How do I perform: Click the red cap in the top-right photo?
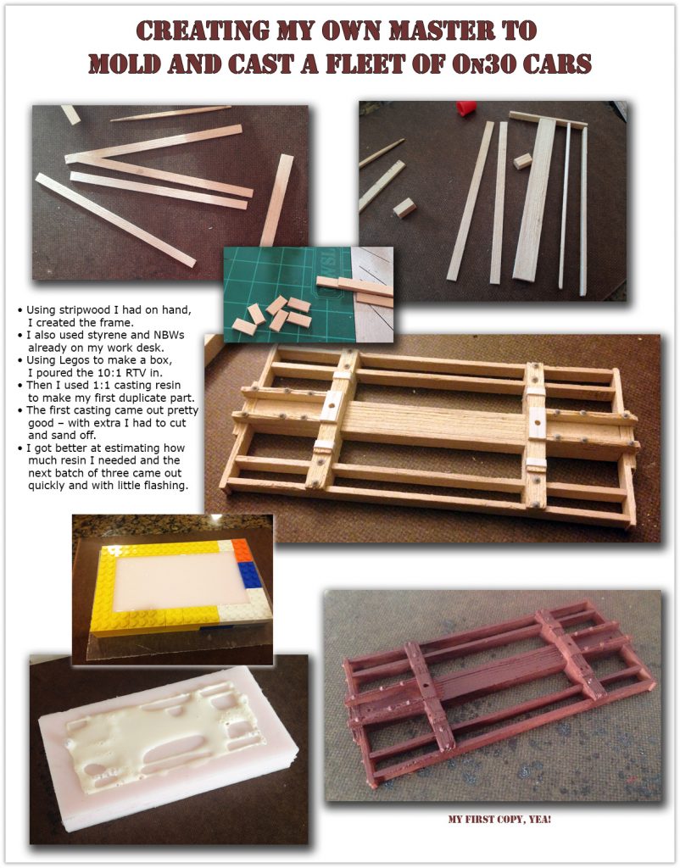(x=465, y=108)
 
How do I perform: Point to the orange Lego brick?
(x=241, y=551)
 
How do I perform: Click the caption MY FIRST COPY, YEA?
(x=499, y=820)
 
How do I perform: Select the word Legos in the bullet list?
(x=70, y=360)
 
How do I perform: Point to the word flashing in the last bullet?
(x=165, y=486)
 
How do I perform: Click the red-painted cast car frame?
(x=499, y=692)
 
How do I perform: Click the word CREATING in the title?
(x=203, y=31)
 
